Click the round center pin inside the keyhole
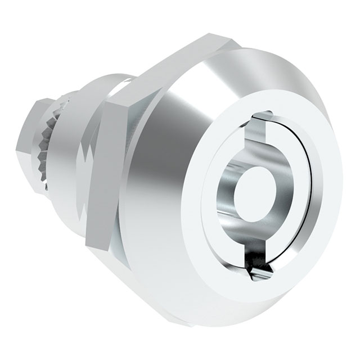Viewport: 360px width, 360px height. click(x=248, y=194)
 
